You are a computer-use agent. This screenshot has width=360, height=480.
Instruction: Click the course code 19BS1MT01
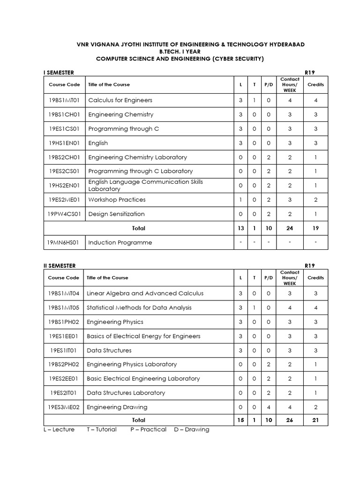[64, 100]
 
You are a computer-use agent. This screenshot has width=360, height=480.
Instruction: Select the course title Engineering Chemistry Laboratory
[137, 157]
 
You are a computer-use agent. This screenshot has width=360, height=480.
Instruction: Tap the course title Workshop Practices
[117, 200]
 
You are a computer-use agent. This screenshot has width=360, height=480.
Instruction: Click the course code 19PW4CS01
[63, 214]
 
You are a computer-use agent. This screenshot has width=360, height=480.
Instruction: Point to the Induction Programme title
[120, 243]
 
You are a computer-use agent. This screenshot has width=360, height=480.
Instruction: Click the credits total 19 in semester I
[315, 228]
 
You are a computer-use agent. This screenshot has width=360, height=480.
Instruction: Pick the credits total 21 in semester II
[315, 420]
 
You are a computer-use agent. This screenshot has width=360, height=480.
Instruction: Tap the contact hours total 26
[290, 420]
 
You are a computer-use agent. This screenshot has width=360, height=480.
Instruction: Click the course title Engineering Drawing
[117, 407]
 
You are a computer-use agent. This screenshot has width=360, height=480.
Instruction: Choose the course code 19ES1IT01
[63, 350]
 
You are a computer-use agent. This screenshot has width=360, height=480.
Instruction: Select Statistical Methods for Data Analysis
[139, 308]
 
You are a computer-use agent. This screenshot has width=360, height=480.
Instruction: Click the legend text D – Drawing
[191, 429]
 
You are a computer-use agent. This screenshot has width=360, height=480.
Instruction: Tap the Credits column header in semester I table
[315, 84]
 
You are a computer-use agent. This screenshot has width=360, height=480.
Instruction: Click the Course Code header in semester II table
[63, 277]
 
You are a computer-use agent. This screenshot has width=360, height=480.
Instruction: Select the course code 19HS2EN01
[64, 186]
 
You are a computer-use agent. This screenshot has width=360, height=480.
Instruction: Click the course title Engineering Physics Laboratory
[132, 364]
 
